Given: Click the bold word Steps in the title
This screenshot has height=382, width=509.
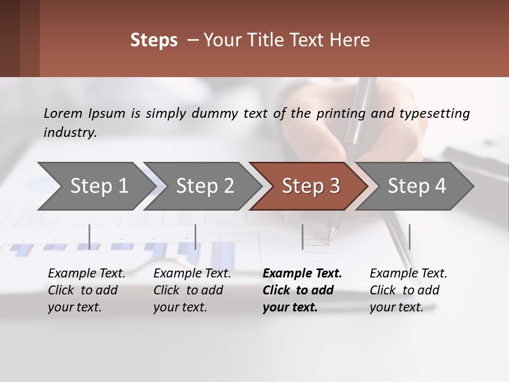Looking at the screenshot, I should pyautogui.click(x=154, y=40).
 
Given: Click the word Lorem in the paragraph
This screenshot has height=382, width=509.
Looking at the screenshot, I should pyautogui.click(x=63, y=113).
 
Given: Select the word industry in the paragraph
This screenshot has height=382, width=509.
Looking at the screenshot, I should pyautogui.click(x=69, y=132).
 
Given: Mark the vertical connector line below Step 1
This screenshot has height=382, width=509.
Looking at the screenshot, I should pyautogui.click(x=90, y=237).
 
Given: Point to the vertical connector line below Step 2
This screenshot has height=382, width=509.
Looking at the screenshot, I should pyautogui.click(x=196, y=237).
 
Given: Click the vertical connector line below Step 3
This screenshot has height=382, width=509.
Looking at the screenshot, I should pyautogui.click(x=302, y=237).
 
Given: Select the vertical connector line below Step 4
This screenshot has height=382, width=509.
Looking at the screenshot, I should pyautogui.click(x=409, y=237).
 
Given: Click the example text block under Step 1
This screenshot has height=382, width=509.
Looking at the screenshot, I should pyautogui.click(x=86, y=290).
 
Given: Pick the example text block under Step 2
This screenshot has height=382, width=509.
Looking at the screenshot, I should pyautogui.click(x=192, y=290).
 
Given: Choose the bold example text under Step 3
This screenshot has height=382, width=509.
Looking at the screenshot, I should pyautogui.click(x=302, y=290).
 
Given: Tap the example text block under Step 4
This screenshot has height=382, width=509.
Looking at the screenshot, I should pyautogui.click(x=408, y=290).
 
